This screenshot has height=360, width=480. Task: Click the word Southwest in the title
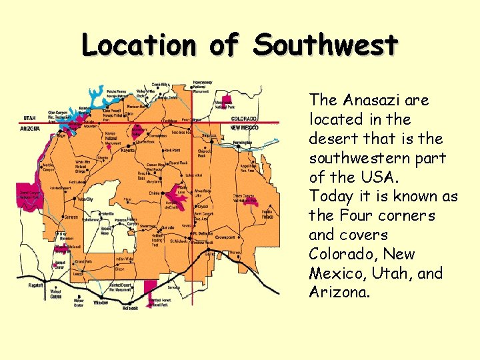[x=326, y=45]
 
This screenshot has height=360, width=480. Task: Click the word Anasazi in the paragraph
[x=371, y=101]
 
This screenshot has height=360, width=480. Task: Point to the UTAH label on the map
[x=29, y=118]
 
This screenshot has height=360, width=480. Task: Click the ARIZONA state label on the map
[x=31, y=128]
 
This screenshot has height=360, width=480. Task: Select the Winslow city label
[x=100, y=301]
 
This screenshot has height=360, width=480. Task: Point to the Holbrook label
[x=130, y=308]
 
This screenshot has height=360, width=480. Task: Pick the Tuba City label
[x=85, y=199]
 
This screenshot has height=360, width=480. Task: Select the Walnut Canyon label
[x=56, y=293]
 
